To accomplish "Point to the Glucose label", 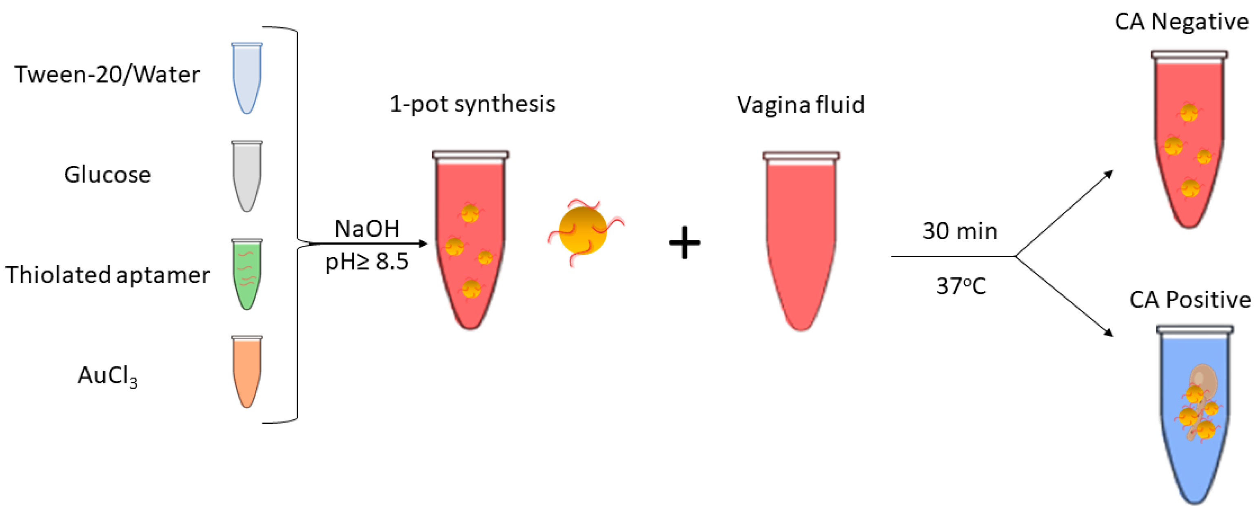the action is [107, 175].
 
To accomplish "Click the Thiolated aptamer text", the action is [107, 275].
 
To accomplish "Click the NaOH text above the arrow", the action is [367, 229].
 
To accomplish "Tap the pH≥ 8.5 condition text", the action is [367, 262].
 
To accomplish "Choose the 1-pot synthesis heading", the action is [472, 104].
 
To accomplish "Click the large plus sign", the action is [684, 243].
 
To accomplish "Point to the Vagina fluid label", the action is [801, 105].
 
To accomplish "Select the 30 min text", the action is [960, 231].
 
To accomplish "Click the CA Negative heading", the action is [1181, 22].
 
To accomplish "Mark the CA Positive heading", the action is [1189, 300].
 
